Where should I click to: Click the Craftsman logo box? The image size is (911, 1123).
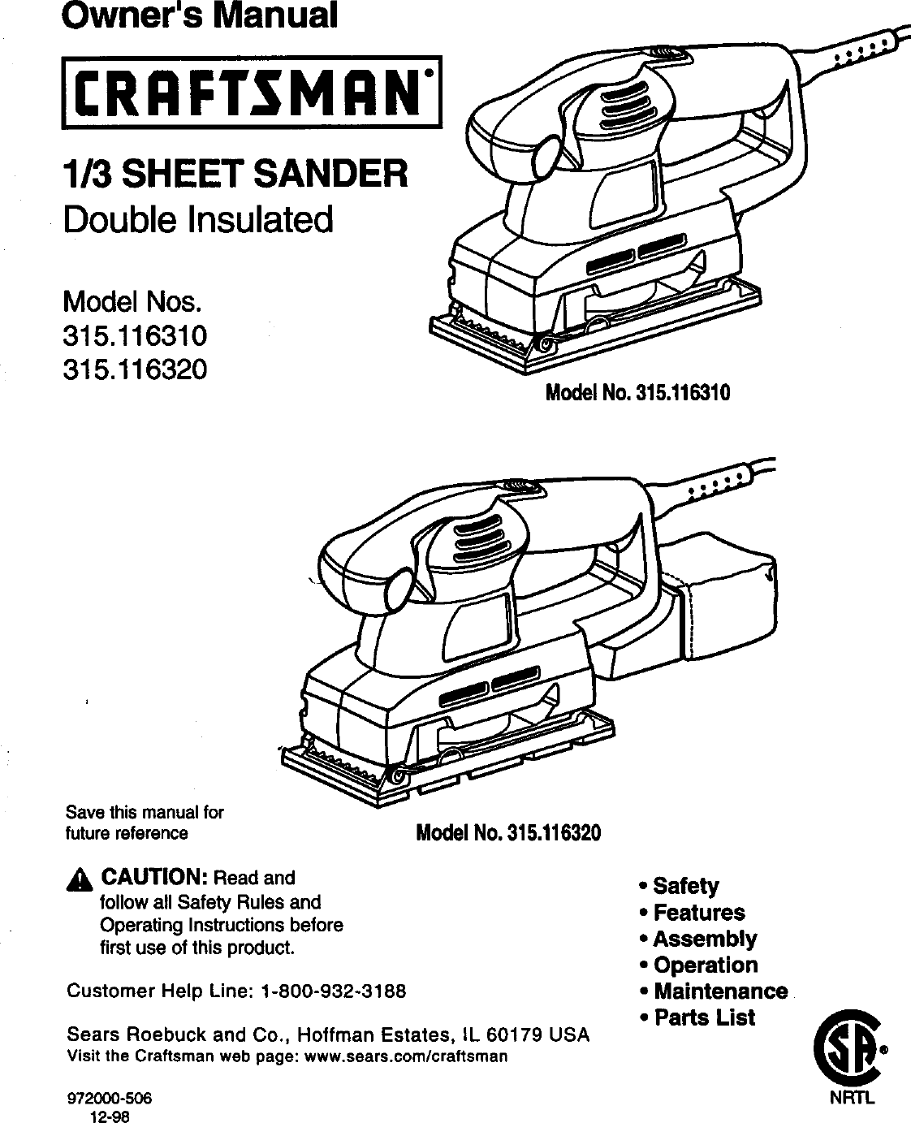pos(252,90)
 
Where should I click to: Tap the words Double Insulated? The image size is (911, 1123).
pos(198,218)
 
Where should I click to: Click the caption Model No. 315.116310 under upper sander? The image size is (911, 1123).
pos(638,394)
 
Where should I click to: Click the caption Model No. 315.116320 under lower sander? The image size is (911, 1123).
pos(508,833)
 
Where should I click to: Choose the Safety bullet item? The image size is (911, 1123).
pos(685,885)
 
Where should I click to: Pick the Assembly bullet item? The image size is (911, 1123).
pos(704,939)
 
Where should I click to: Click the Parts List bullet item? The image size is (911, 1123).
pos(703,1017)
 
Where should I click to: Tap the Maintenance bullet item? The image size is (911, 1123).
pos(719,991)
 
